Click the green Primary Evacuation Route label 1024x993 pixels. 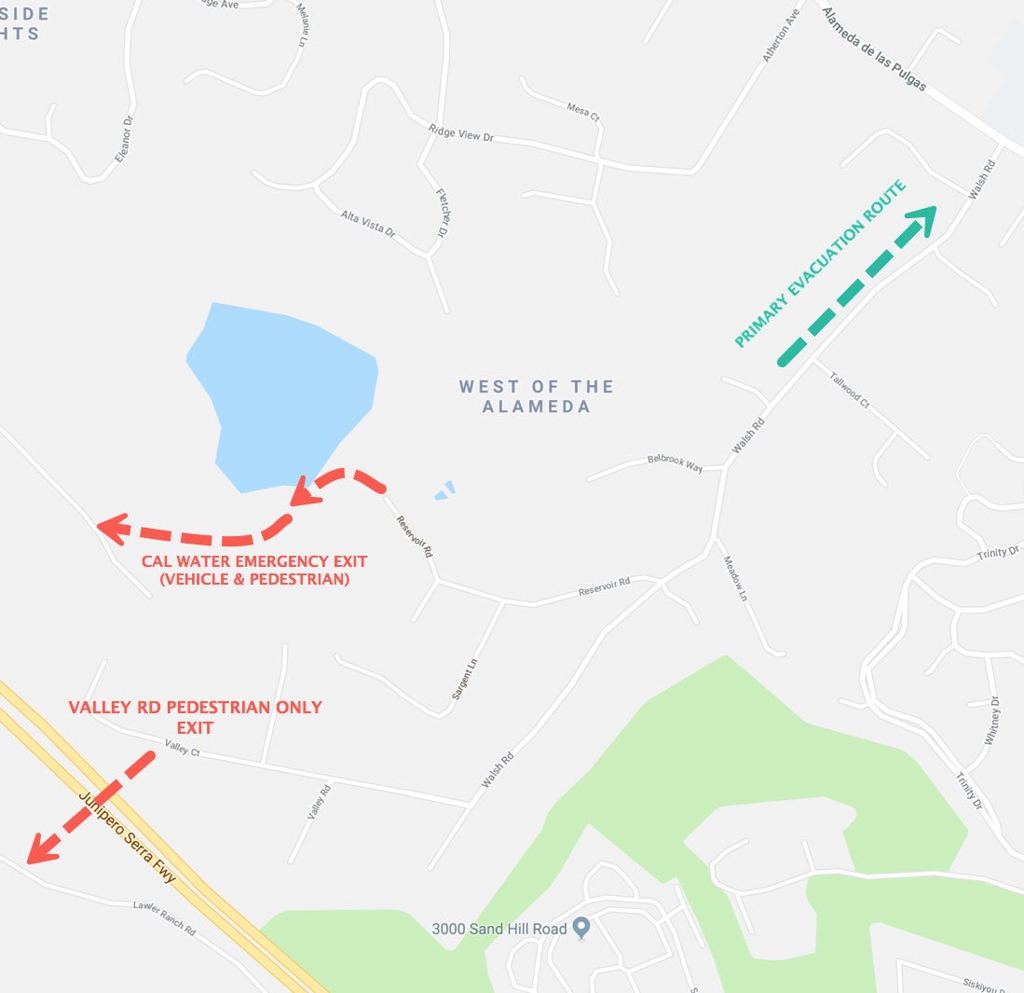[x=820, y=265]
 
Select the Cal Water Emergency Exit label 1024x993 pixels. [x=254, y=570]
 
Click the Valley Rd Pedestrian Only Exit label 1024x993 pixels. [x=196, y=717]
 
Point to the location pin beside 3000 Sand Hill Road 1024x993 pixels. [x=582, y=928]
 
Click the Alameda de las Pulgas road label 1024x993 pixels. [x=874, y=49]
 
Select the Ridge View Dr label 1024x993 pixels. [x=460, y=133]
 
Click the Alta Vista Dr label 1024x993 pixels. [x=368, y=223]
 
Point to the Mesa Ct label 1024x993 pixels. [x=583, y=111]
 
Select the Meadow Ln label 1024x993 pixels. [x=736, y=578]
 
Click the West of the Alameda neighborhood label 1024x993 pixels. [x=536, y=396]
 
